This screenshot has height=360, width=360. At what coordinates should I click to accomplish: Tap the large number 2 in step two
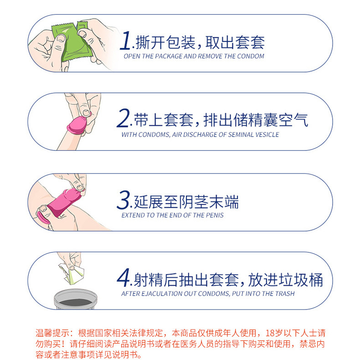pos(123,119)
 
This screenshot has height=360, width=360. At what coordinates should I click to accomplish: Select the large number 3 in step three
pos(124,200)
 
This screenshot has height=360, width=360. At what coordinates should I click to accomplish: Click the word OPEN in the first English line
pos(132,57)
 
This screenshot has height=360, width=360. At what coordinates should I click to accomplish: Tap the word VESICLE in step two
pos(265,135)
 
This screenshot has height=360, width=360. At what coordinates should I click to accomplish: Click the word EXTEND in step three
pos(133,215)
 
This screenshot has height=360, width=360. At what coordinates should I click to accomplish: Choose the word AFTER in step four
pos(131,294)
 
